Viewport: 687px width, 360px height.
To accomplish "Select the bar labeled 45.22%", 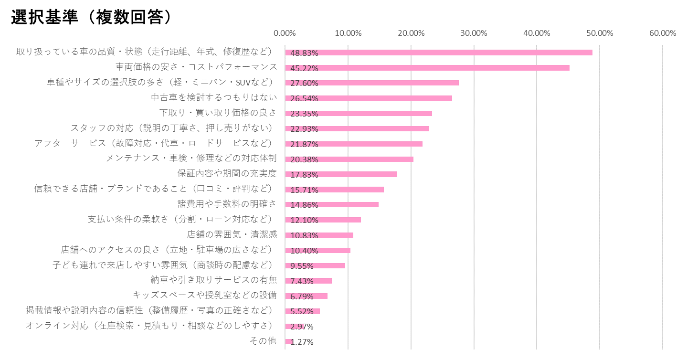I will click(427, 68).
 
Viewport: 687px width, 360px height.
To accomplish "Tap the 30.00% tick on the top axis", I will click(474, 33).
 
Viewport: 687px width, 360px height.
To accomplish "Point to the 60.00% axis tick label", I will click(662, 33).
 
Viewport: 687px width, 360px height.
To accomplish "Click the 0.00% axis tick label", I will click(285, 33).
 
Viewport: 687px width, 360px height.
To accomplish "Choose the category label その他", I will click(263, 341).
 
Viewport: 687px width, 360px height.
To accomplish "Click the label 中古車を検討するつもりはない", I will click(214, 97).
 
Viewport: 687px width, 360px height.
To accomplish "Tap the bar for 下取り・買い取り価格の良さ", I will click(358, 113).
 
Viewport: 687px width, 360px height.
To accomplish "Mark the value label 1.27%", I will click(302, 342).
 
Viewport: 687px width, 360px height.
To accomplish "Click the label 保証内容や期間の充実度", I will click(227, 173).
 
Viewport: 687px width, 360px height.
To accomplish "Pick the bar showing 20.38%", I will click(349, 159).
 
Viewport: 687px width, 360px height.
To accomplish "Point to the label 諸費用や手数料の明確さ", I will click(227, 204).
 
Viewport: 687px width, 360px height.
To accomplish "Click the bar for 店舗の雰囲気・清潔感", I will click(319, 235).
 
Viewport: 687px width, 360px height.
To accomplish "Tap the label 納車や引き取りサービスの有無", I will click(213, 280).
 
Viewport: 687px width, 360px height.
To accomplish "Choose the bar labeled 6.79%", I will click(306, 296).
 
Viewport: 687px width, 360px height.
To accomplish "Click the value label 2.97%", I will click(302, 327).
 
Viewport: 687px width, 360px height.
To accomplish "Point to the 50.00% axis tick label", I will click(599, 33).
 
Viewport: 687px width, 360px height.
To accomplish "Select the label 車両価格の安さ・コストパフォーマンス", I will click(196, 67).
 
